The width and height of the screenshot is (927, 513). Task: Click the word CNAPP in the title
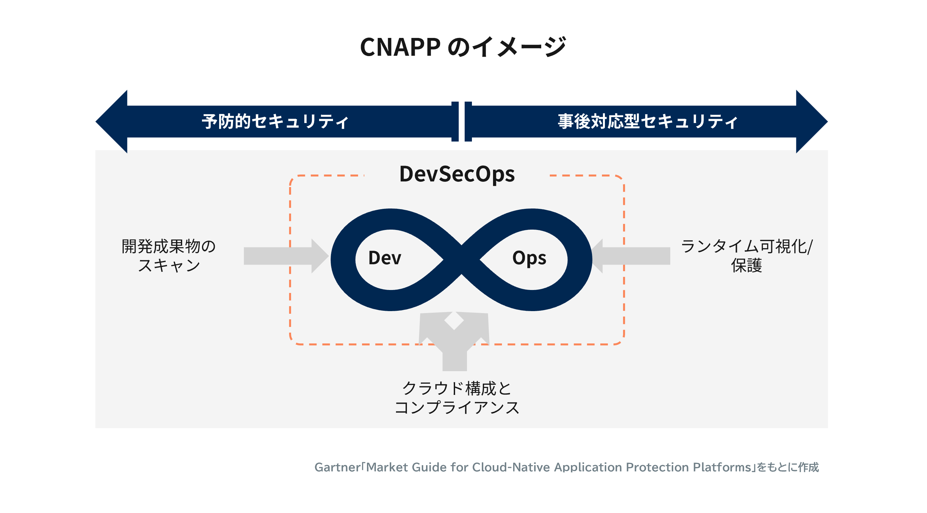[400, 47]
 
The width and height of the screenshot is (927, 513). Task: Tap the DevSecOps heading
[457, 174]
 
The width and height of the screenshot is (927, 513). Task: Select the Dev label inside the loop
[384, 258]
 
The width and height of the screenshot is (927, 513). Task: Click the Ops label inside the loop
[529, 258]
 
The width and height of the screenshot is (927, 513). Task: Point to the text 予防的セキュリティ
[275, 121]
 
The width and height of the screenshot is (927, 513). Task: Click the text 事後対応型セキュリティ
[648, 121]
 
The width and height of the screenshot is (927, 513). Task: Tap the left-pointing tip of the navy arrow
[96, 122]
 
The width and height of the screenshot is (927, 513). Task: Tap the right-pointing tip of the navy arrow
[827, 122]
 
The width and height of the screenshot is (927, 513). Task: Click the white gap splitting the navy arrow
[462, 122]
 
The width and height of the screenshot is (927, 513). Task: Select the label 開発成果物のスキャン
[168, 256]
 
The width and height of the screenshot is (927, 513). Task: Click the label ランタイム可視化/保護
[747, 256]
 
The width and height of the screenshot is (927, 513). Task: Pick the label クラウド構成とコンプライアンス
[457, 398]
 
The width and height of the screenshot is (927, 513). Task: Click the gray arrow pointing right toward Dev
[286, 256]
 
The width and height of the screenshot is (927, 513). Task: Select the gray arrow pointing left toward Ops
[630, 256]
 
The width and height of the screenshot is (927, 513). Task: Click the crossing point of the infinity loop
[462, 260]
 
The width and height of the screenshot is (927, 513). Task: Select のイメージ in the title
[507, 47]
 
